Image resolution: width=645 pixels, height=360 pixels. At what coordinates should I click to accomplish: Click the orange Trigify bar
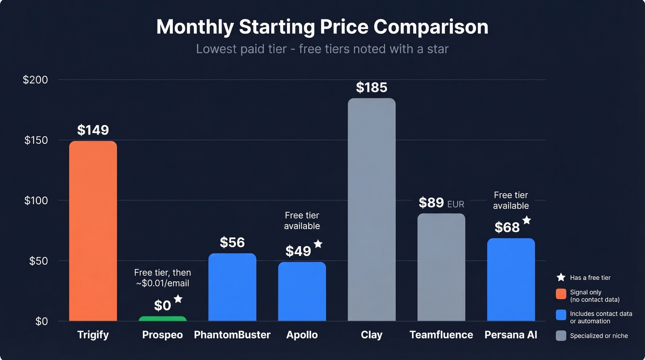click(93, 230)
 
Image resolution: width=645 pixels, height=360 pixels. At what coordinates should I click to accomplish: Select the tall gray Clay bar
click(371, 210)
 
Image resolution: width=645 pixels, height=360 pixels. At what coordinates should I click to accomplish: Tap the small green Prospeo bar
click(163, 319)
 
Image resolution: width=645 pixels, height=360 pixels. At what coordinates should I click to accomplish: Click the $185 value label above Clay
click(371, 88)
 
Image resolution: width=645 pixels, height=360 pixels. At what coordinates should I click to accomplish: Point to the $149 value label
click(93, 130)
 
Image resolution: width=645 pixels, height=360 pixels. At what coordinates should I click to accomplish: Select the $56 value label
click(232, 242)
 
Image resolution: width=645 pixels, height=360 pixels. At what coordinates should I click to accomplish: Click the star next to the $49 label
click(318, 244)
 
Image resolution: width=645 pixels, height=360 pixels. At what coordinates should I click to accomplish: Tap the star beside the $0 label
click(178, 299)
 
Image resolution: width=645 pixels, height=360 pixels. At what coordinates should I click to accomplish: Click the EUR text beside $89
click(456, 204)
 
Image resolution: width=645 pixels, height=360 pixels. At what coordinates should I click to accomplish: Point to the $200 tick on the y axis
click(35, 80)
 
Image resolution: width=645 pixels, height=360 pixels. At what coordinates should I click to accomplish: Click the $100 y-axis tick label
click(35, 201)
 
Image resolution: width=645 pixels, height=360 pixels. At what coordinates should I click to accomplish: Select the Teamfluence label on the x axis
click(441, 335)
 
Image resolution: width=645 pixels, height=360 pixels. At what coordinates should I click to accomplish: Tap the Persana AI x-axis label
click(510, 335)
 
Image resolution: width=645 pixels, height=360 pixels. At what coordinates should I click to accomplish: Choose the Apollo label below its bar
click(302, 335)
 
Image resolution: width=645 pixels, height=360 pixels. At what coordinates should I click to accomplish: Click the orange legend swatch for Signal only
click(561, 294)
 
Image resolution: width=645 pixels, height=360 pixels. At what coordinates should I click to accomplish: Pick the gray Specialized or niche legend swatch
click(561, 336)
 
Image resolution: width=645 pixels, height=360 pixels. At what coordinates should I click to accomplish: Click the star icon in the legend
click(561, 277)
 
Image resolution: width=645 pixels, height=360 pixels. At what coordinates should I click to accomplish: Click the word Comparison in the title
click(431, 27)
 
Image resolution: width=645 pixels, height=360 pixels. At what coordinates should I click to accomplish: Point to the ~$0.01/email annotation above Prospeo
click(163, 283)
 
